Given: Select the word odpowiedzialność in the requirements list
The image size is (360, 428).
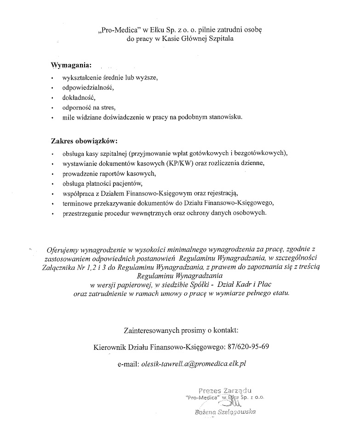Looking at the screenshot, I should pos(88,87).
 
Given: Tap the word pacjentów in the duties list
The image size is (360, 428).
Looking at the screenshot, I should pos(143,183).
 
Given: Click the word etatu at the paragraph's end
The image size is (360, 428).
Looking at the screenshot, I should pos(280,293).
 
